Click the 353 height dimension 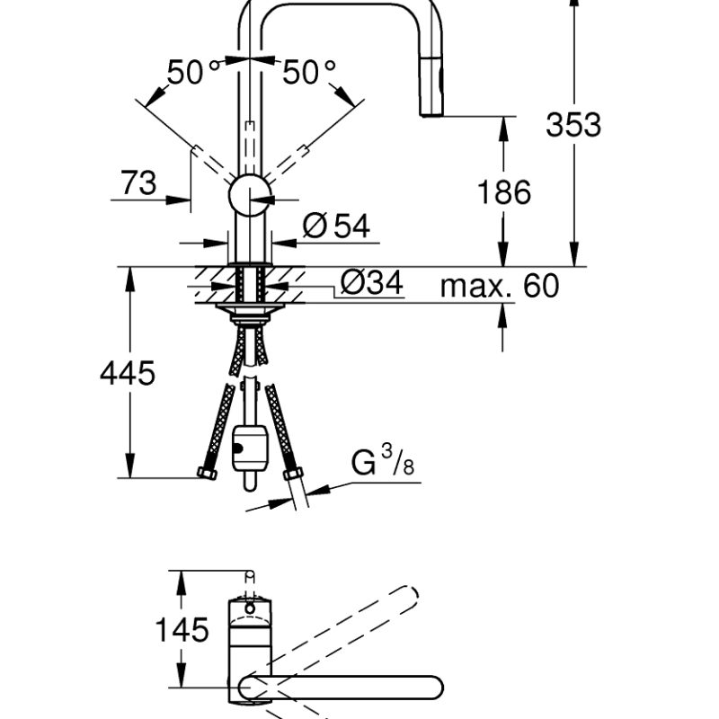pyautogui.click(x=573, y=125)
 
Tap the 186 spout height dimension pyautogui.click(x=505, y=192)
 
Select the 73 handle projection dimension pyautogui.click(x=138, y=183)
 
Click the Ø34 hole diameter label pyautogui.click(x=371, y=285)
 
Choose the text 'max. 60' pyautogui.click(x=500, y=287)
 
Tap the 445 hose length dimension pyautogui.click(x=127, y=372)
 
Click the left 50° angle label pyautogui.click(x=192, y=72)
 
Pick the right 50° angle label pyautogui.click(x=308, y=72)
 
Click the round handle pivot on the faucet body pyautogui.click(x=249, y=194)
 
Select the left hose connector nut pyautogui.click(x=206, y=474)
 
